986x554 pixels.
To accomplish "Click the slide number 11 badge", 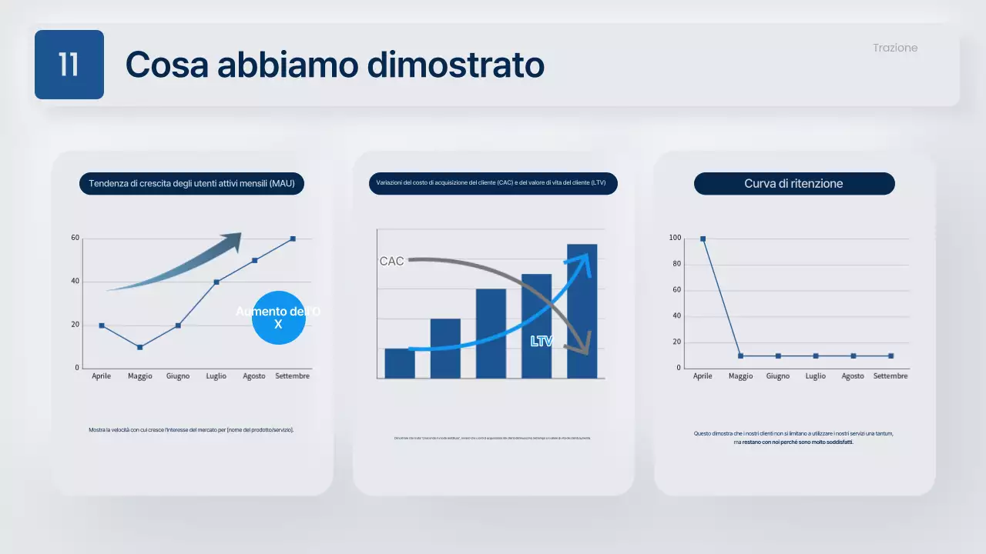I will [69, 65].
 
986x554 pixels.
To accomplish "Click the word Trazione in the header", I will [895, 48].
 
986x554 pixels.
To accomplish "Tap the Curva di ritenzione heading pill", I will [793, 184].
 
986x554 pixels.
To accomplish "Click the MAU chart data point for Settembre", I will [293, 239].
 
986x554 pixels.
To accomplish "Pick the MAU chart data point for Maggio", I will [139, 347].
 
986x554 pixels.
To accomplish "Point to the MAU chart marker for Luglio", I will [216, 282].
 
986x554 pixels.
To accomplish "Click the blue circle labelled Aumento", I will [279, 318].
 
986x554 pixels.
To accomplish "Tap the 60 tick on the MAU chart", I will [75, 238].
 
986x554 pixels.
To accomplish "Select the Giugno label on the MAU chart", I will [178, 376].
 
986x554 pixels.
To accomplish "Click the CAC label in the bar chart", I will [391, 262].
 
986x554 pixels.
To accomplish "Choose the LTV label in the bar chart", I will [542, 341].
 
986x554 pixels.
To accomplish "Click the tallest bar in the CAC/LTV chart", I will [582, 311].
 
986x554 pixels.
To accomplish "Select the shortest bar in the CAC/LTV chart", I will [400, 363].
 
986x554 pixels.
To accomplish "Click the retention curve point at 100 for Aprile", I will [703, 239].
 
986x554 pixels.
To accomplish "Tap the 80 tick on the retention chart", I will [676, 264].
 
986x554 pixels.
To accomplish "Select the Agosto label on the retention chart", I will [853, 376].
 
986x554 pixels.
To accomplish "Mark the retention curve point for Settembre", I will [890, 355].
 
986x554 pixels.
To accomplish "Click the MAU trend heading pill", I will [193, 184].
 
